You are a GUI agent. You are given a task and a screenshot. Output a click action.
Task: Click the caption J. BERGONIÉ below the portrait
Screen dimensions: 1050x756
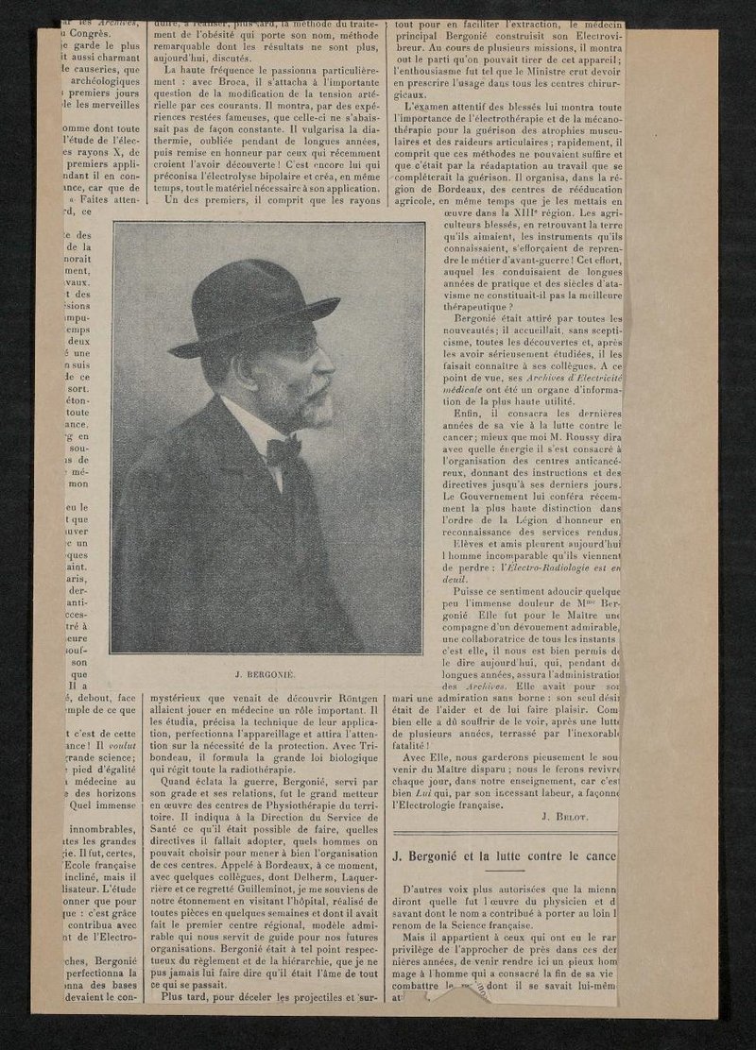point(266,677)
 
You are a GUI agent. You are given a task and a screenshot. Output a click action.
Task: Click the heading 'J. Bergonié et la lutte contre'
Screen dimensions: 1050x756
point(505,856)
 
